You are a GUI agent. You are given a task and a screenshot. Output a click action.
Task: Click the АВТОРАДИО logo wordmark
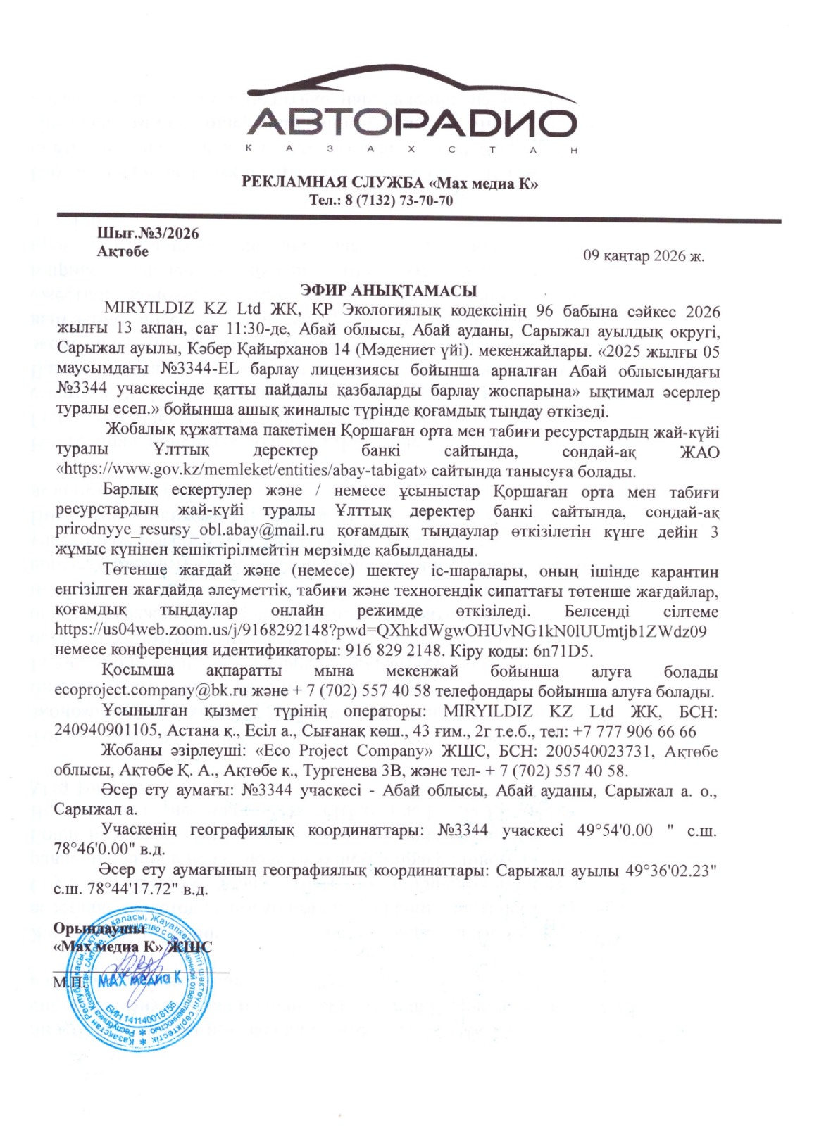coord(413,124)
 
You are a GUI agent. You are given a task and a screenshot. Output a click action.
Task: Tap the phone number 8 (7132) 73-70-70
coord(399,201)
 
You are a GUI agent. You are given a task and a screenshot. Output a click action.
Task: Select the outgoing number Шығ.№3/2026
coord(148,234)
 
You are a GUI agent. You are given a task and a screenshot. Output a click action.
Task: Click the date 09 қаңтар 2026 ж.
coord(644,255)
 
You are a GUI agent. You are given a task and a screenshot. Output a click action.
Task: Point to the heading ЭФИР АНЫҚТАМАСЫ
coord(389,291)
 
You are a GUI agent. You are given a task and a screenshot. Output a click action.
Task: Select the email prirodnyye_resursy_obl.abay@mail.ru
coord(189,531)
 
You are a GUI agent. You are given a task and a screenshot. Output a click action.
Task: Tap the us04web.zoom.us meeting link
coord(381,630)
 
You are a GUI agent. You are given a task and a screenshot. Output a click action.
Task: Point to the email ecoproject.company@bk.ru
coord(148,692)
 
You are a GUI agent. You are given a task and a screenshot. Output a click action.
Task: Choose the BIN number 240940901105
coord(108,732)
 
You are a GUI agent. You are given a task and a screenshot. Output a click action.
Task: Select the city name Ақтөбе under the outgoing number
coord(123,251)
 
